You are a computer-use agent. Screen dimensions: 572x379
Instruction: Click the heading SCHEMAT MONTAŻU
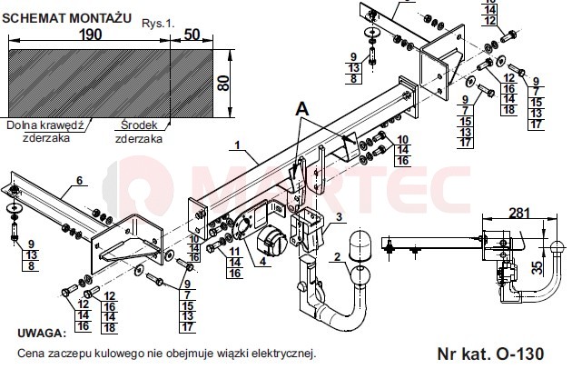coord(67,18)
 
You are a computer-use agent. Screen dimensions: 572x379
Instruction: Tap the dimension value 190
coord(90,35)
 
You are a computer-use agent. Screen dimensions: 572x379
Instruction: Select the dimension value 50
coord(192,35)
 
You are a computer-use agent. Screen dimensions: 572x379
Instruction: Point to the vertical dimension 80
coord(222,84)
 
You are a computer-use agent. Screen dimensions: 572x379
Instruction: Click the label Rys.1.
coord(158,24)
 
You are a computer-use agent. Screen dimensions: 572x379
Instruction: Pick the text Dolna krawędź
coord(45,125)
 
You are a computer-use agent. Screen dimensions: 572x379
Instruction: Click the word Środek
coord(139,125)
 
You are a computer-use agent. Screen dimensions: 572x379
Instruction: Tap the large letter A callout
coord(302,109)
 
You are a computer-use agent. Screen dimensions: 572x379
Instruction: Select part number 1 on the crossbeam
coord(238,145)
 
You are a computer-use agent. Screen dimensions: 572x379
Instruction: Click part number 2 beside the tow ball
coord(337,256)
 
